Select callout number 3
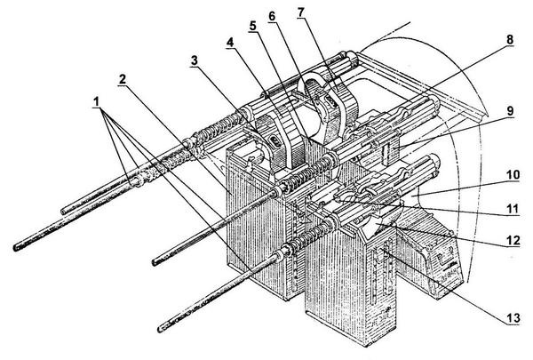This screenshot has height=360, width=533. click(193, 61)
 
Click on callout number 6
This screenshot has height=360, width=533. click(272, 17)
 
